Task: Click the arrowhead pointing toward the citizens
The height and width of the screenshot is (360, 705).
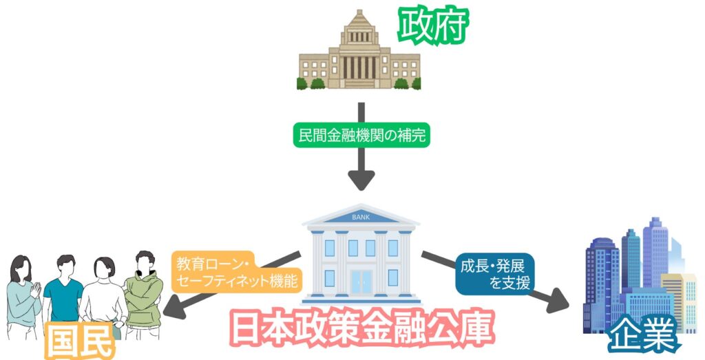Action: tap(177, 308)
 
